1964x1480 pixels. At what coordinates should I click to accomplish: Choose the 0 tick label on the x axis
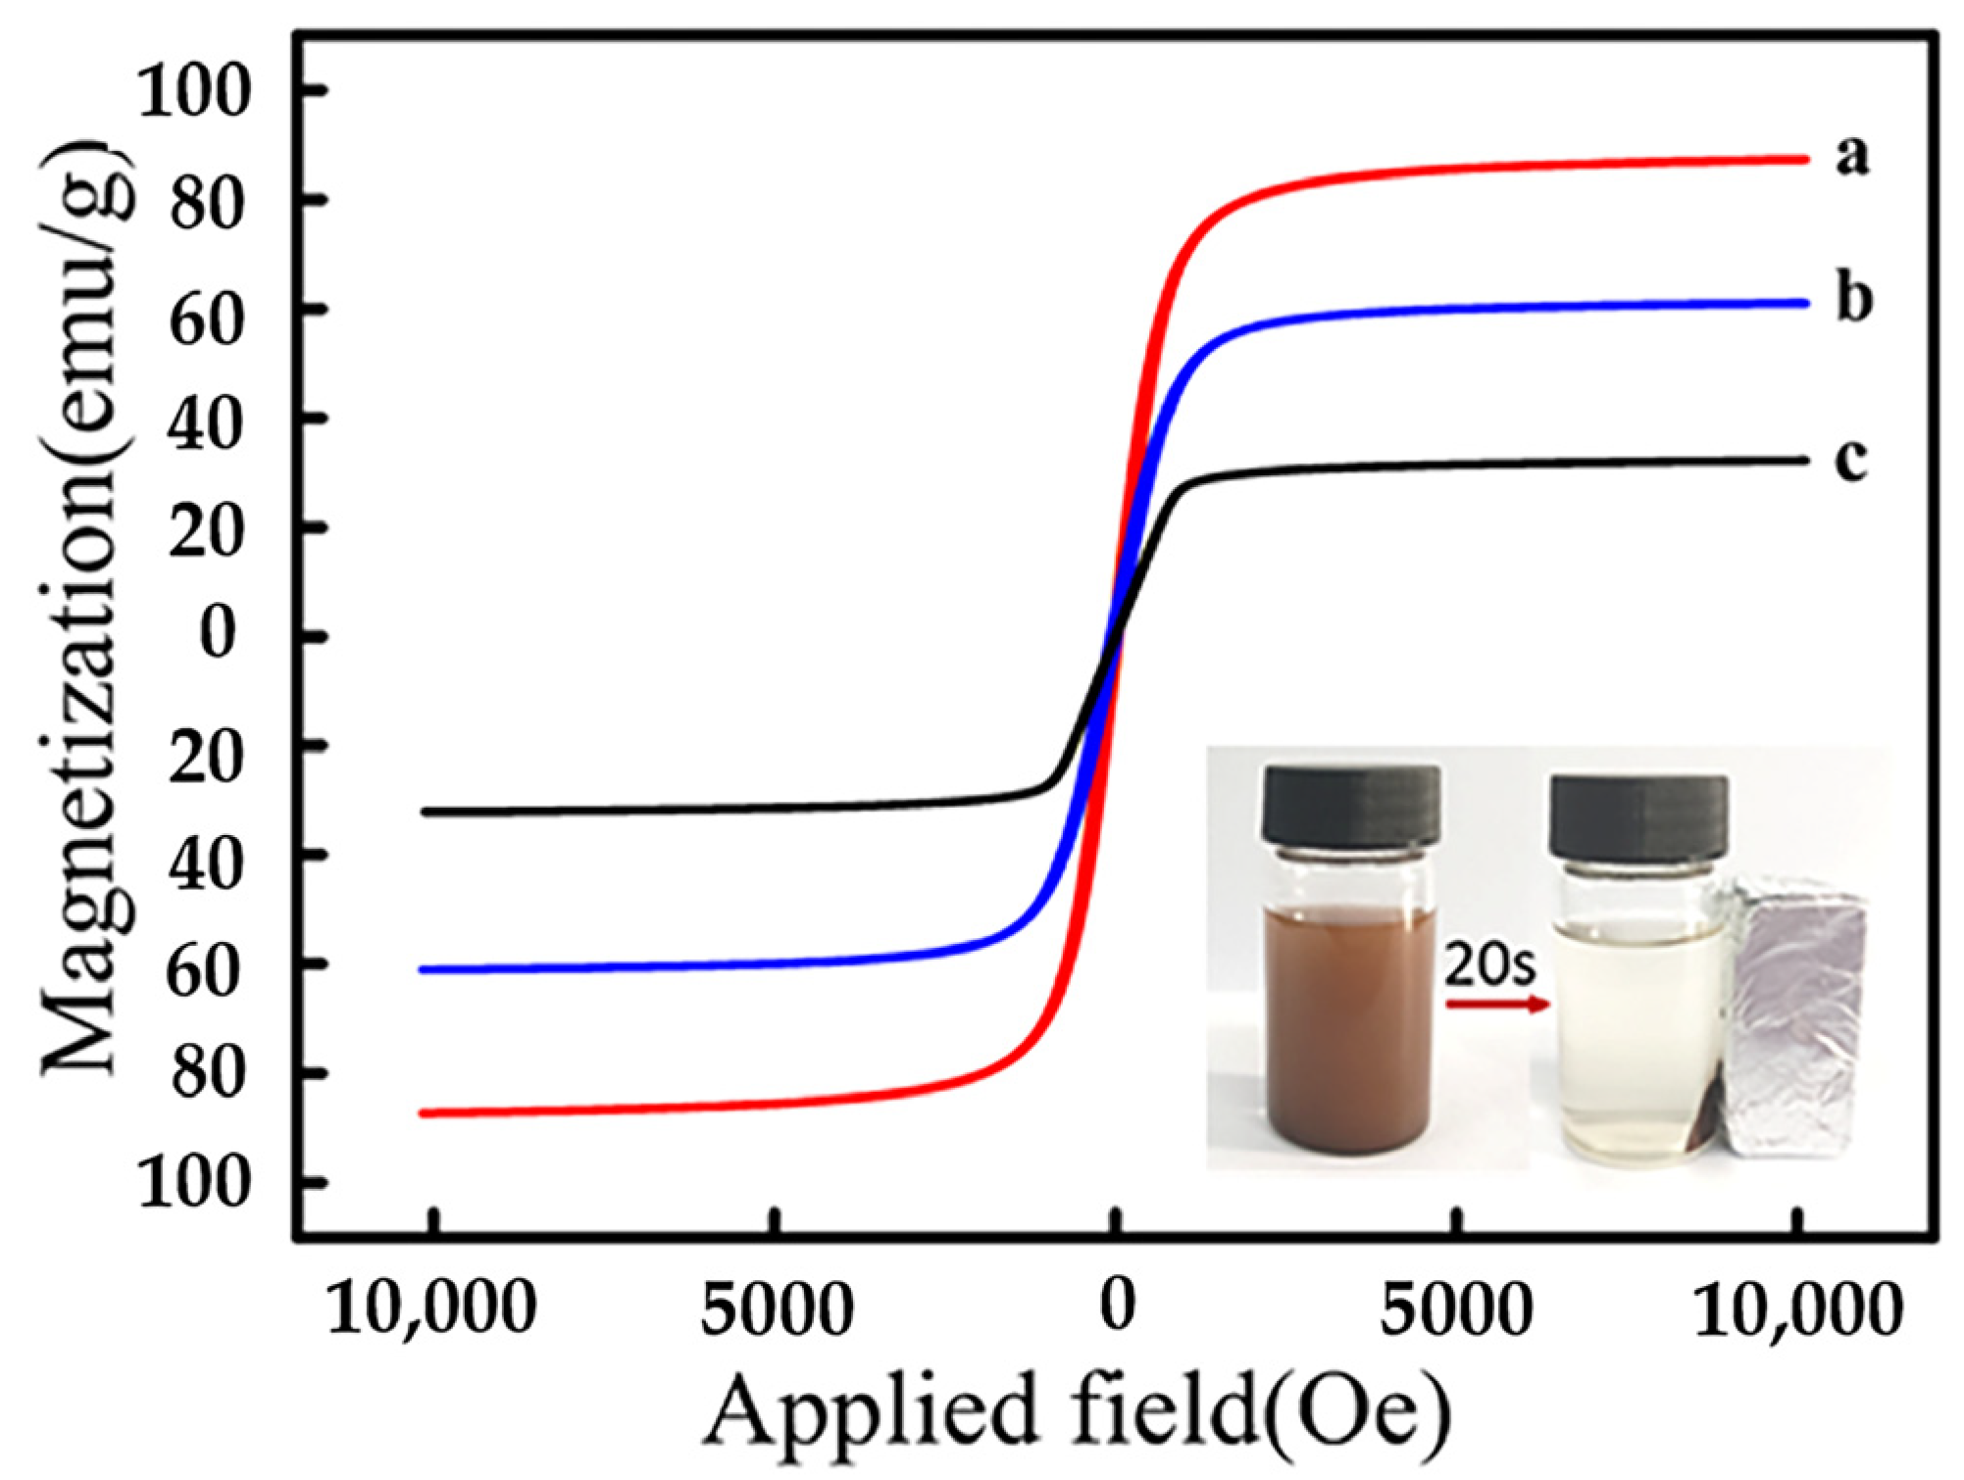[1117, 1306]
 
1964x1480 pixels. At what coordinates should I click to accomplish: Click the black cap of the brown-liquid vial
[1350, 807]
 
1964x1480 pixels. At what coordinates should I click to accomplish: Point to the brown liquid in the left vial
[1350, 1029]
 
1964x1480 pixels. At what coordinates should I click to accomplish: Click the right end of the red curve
[1802, 159]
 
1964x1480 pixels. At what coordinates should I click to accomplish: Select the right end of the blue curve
[1802, 303]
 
